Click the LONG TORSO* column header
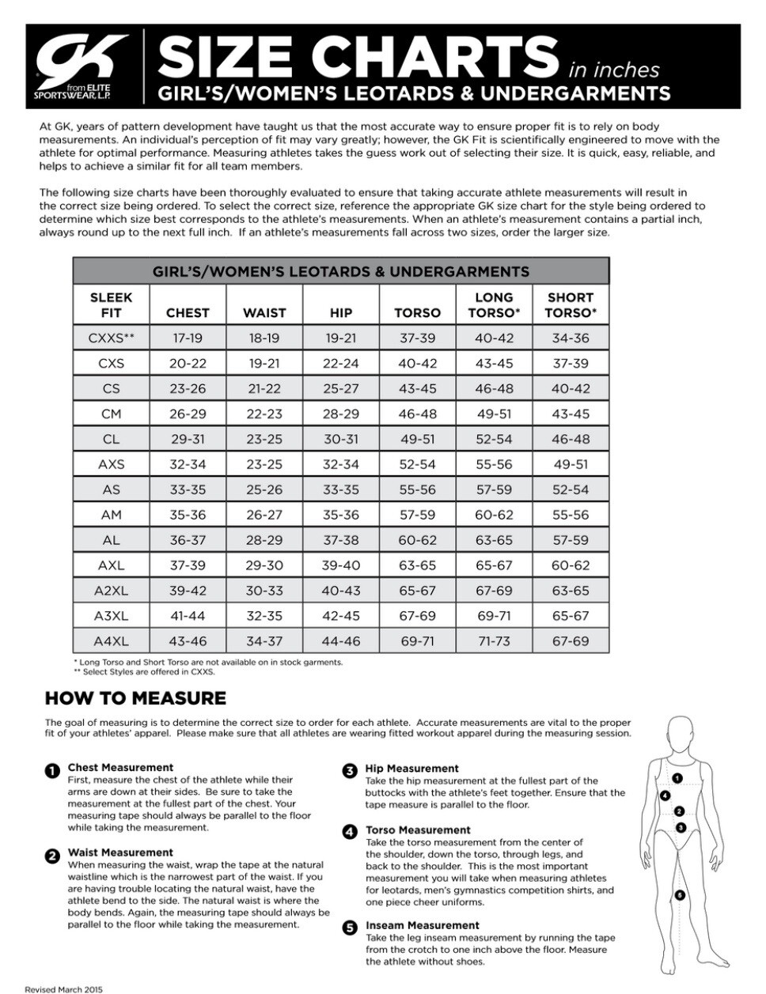[494, 305]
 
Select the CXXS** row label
[111, 338]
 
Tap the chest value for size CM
[188, 414]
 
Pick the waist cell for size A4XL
[264, 641]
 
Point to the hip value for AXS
[341, 464]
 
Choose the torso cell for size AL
[417, 540]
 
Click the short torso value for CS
[571, 388]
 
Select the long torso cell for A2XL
[494, 591]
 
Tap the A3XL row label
[111, 616]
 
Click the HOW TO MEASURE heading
[135, 698]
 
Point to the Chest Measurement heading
[120, 767]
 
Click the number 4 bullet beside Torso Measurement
[349, 831]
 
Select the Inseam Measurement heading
[422, 925]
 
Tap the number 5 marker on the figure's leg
[680, 895]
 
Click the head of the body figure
[678, 732]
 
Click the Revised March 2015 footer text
[63, 988]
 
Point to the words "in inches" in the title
[614, 70]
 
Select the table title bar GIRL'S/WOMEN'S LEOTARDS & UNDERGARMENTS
[341, 271]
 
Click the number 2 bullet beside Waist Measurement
[51, 855]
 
